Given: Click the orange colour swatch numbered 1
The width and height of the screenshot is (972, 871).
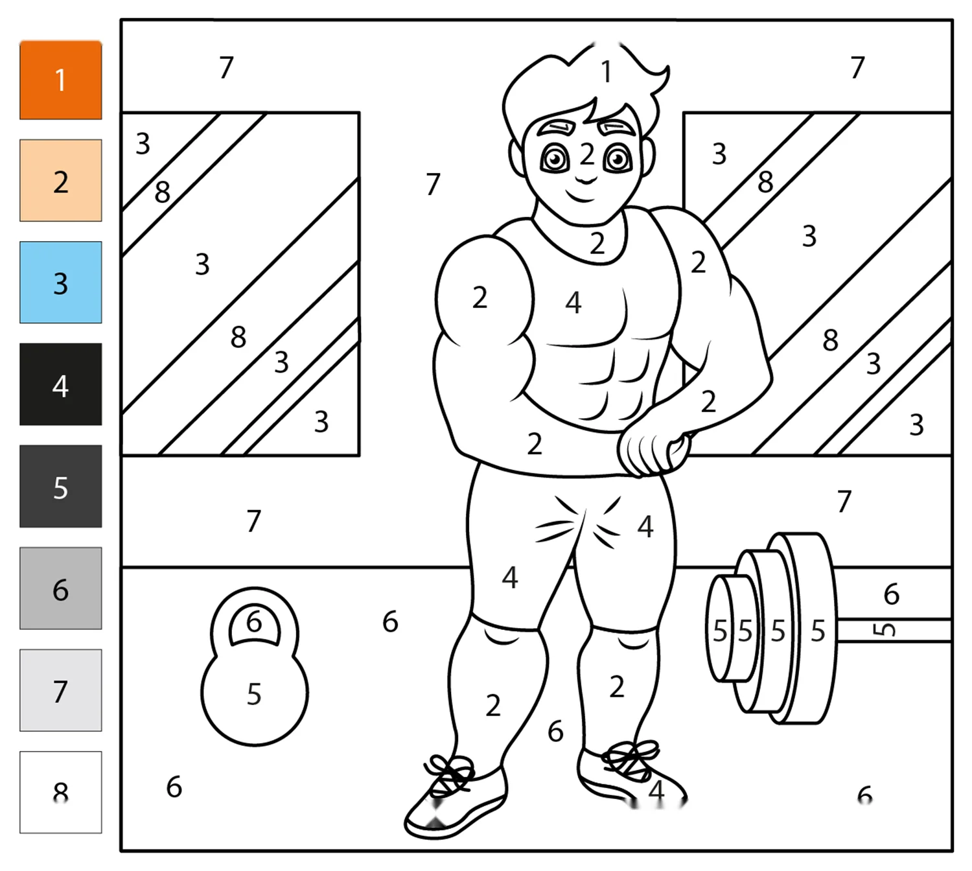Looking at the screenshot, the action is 60,80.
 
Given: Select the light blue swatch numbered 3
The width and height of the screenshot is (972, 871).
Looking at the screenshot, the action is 60,282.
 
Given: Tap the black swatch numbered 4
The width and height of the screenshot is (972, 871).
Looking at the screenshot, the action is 60,384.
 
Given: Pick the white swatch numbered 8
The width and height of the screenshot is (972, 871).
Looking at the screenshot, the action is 60,793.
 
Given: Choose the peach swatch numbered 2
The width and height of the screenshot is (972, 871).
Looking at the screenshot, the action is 60,180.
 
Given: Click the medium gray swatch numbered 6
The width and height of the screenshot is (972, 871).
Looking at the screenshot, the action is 60,588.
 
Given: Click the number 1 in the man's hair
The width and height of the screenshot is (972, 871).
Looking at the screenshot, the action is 607,72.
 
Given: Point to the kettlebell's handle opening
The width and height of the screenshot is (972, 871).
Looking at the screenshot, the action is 254,625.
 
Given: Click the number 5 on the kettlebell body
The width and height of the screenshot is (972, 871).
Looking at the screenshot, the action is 254,694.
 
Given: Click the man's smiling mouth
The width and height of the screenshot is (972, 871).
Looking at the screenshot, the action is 582,196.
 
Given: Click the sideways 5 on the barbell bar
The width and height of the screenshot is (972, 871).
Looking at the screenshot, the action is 884,630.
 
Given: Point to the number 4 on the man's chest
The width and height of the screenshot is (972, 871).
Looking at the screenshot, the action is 573,303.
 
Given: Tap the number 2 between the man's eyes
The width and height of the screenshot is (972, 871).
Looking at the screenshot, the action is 587,154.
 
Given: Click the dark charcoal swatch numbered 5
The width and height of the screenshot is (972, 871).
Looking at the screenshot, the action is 60,486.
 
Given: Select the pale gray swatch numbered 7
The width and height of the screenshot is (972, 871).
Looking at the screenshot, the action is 60,690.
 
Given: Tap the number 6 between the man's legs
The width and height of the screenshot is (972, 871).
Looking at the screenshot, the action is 555,732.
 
